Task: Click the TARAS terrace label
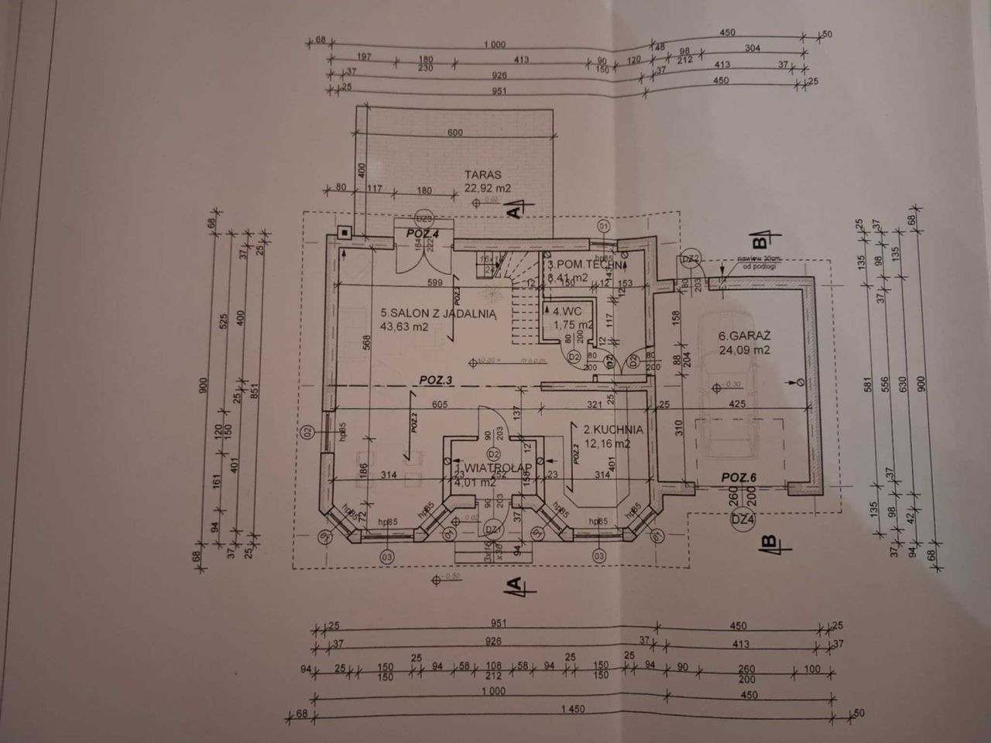pyautogui.click(x=483, y=175)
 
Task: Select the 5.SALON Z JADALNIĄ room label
pyautogui.click(x=437, y=313)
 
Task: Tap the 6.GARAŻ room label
pyautogui.click(x=744, y=336)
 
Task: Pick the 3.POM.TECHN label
pyautogui.click(x=585, y=263)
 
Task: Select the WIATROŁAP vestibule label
pyautogui.click(x=493, y=467)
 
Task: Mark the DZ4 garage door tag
pyautogui.click(x=742, y=520)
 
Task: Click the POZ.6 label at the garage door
pyautogui.click(x=739, y=478)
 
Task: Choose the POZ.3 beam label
pyautogui.click(x=436, y=379)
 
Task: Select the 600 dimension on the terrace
pyautogui.click(x=454, y=132)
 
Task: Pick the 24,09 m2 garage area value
pyautogui.click(x=744, y=350)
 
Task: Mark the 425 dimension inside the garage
pyautogui.click(x=736, y=403)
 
